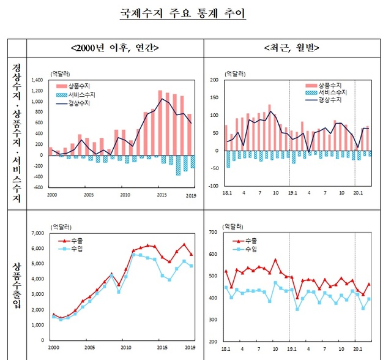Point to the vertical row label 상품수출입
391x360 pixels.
point(18,285)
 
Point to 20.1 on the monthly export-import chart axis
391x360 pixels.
point(356,348)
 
